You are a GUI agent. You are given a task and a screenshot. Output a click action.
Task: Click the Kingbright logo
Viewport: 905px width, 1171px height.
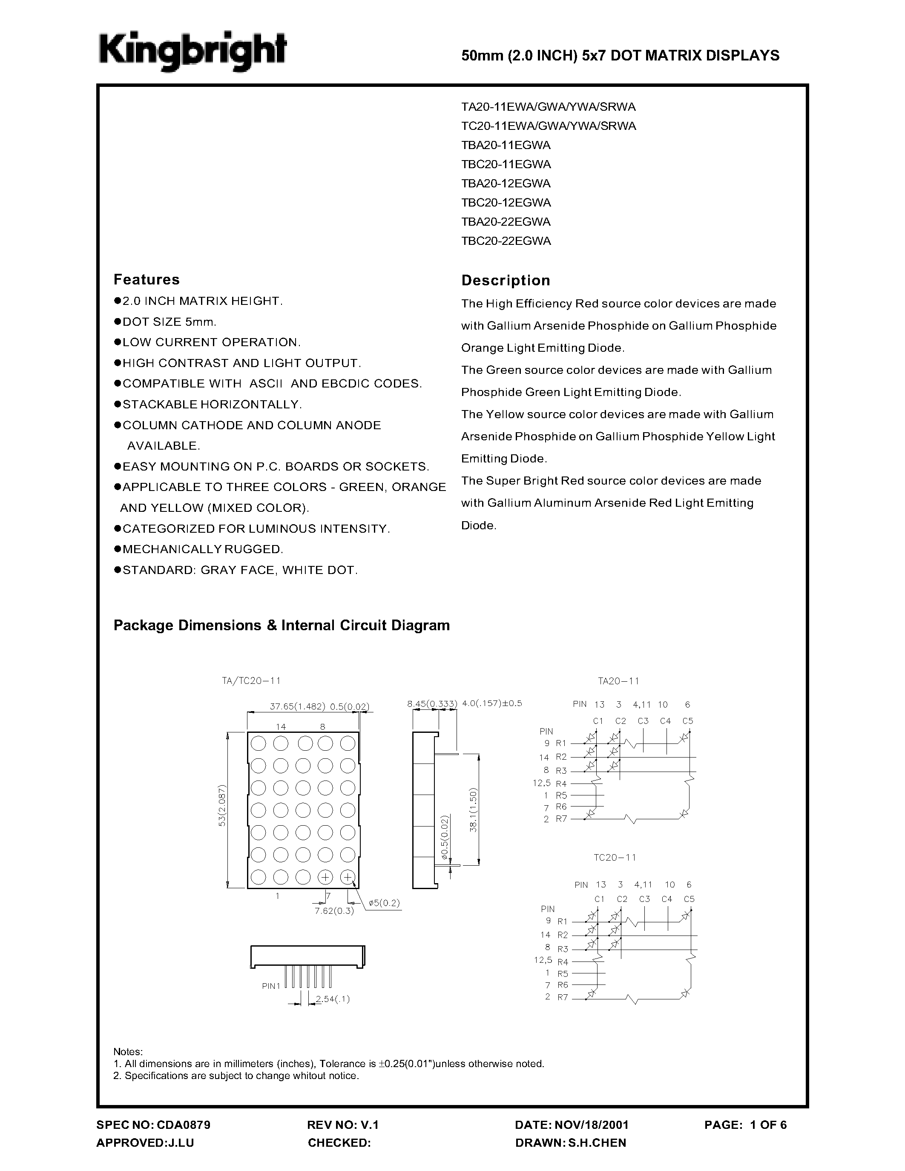click(x=192, y=52)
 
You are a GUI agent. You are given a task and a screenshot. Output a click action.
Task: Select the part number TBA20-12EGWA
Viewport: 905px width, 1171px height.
click(x=506, y=184)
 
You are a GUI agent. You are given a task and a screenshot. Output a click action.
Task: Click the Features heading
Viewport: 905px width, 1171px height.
click(x=147, y=279)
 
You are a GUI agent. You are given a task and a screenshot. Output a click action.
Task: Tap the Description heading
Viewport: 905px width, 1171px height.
click(x=506, y=281)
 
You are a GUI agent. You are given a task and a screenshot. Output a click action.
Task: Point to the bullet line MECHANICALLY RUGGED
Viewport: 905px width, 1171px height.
click(x=202, y=549)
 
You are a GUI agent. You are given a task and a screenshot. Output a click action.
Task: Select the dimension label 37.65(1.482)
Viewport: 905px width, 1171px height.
click(x=297, y=706)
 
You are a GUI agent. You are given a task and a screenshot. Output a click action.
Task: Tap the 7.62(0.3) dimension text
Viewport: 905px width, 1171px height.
click(x=334, y=910)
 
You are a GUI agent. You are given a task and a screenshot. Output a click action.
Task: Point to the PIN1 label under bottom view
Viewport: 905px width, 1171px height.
click(x=271, y=985)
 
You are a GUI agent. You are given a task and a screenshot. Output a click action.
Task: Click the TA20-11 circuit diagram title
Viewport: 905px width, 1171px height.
click(x=618, y=681)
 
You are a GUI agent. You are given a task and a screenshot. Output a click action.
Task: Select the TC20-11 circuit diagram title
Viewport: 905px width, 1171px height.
click(x=615, y=857)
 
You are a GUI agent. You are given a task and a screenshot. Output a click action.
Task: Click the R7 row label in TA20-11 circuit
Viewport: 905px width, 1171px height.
click(x=561, y=819)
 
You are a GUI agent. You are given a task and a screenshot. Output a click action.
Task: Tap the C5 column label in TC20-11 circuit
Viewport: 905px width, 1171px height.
click(x=689, y=898)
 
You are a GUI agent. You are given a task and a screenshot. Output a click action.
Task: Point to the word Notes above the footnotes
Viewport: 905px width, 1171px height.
click(x=128, y=1051)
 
